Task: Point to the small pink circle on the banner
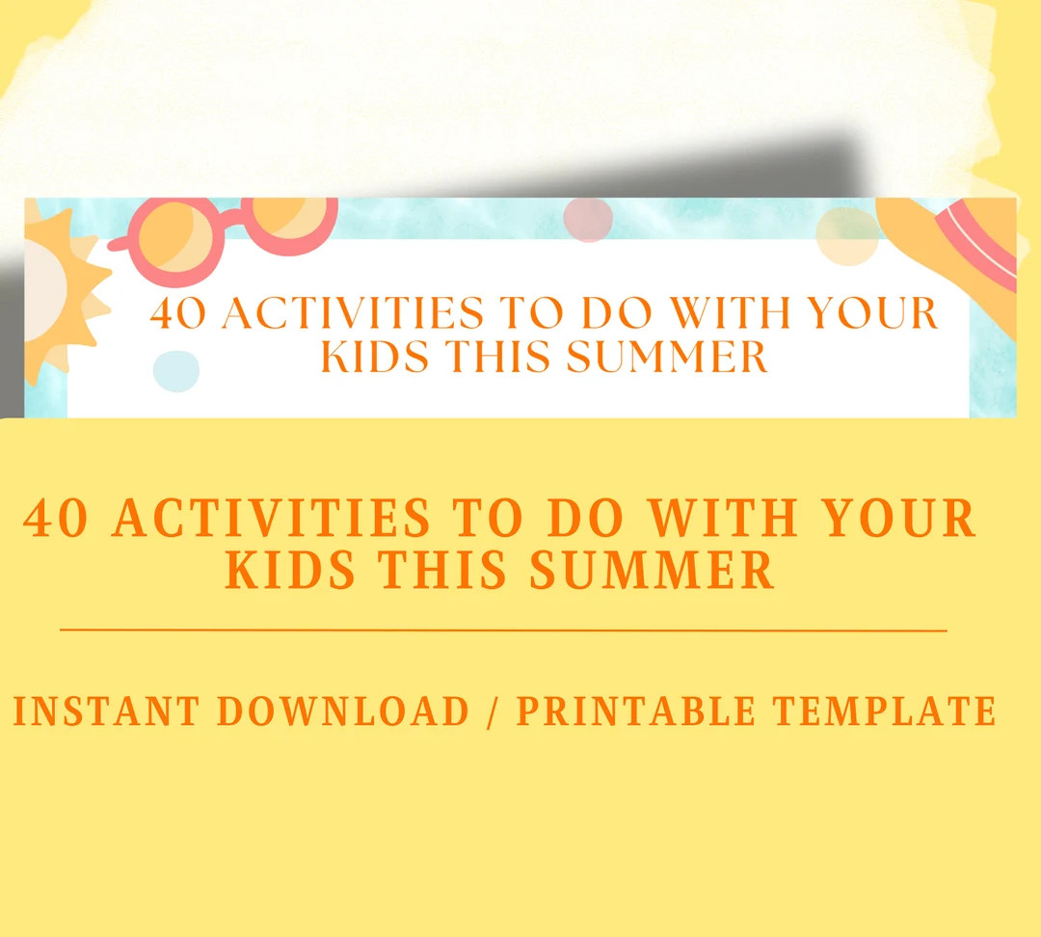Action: point(588,220)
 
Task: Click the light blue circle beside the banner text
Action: point(176,371)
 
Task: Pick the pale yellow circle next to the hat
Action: point(847,235)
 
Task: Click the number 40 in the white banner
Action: point(180,314)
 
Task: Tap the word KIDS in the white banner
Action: point(376,358)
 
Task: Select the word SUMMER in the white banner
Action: point(667,358)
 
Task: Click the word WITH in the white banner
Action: point(733,314)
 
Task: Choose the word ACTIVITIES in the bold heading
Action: point(272,520)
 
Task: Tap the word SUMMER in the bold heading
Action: point(653,570)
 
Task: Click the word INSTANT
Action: point(107,711)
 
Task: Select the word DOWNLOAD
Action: point(343,711)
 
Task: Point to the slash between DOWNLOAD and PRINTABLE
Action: point(493,711)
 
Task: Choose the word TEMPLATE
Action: point(884,711)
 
